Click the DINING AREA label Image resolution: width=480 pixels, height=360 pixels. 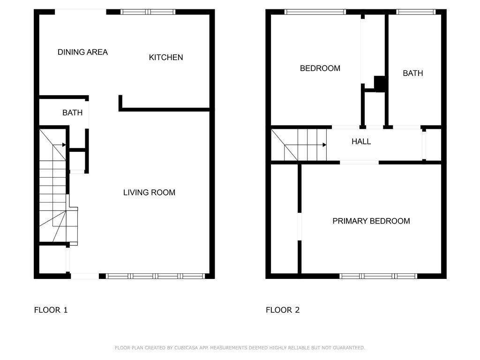click(x=82, y=52)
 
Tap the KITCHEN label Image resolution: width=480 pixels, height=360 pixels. click(x=166, y=58)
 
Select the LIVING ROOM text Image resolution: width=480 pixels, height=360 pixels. click(x=150, y=193)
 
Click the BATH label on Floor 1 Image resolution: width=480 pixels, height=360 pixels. click(x=73, y=113)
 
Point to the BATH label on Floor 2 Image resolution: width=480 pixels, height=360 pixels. click(x=413, y=74)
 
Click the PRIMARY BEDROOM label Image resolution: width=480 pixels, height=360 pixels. click(x=371, y=221)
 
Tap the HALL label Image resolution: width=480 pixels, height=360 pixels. click(x=361, y=142)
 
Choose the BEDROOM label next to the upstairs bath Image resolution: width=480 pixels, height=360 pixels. click(x=320, y=68)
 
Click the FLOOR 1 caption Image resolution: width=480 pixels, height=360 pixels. click(x=51, y=310)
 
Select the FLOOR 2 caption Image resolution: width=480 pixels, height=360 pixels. click(x=283, y=310)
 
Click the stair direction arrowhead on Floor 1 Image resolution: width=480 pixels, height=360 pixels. click(x=64, y=145)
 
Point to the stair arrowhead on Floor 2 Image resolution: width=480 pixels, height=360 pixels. click(x=324, y=145)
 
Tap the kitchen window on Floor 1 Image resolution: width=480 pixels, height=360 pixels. click(x=148, y=12)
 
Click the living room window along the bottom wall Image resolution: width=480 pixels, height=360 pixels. click(x=156, y=276)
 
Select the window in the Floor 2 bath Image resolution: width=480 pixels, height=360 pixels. click(x=416, y=12)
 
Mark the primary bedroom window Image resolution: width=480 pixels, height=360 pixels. click(x=378, y=276)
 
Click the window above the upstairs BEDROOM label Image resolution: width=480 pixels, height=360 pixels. click(x=315, y=12)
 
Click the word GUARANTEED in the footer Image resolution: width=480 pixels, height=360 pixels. click(x=349, y=348)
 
